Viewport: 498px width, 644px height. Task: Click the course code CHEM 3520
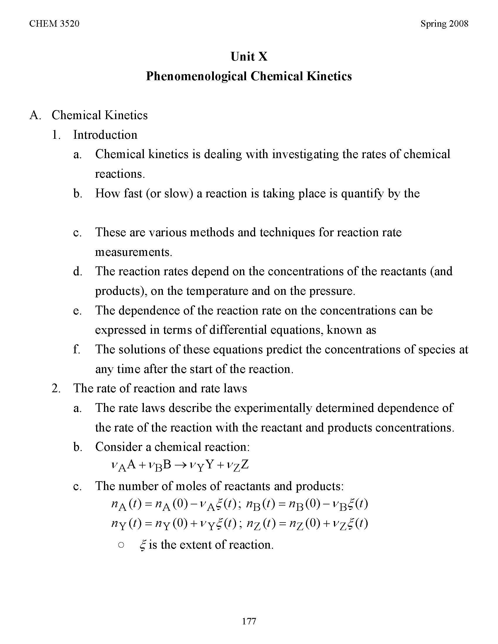(x=54, y=24)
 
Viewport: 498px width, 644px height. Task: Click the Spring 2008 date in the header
(x=444, y=24)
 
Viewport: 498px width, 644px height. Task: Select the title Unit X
(x=249, y=56)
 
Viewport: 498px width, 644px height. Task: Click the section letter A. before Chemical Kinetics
(x=35, y=115)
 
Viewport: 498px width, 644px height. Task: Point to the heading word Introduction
(x=105, y=135)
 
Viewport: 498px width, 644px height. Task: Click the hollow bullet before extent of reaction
(x=121, y=545)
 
